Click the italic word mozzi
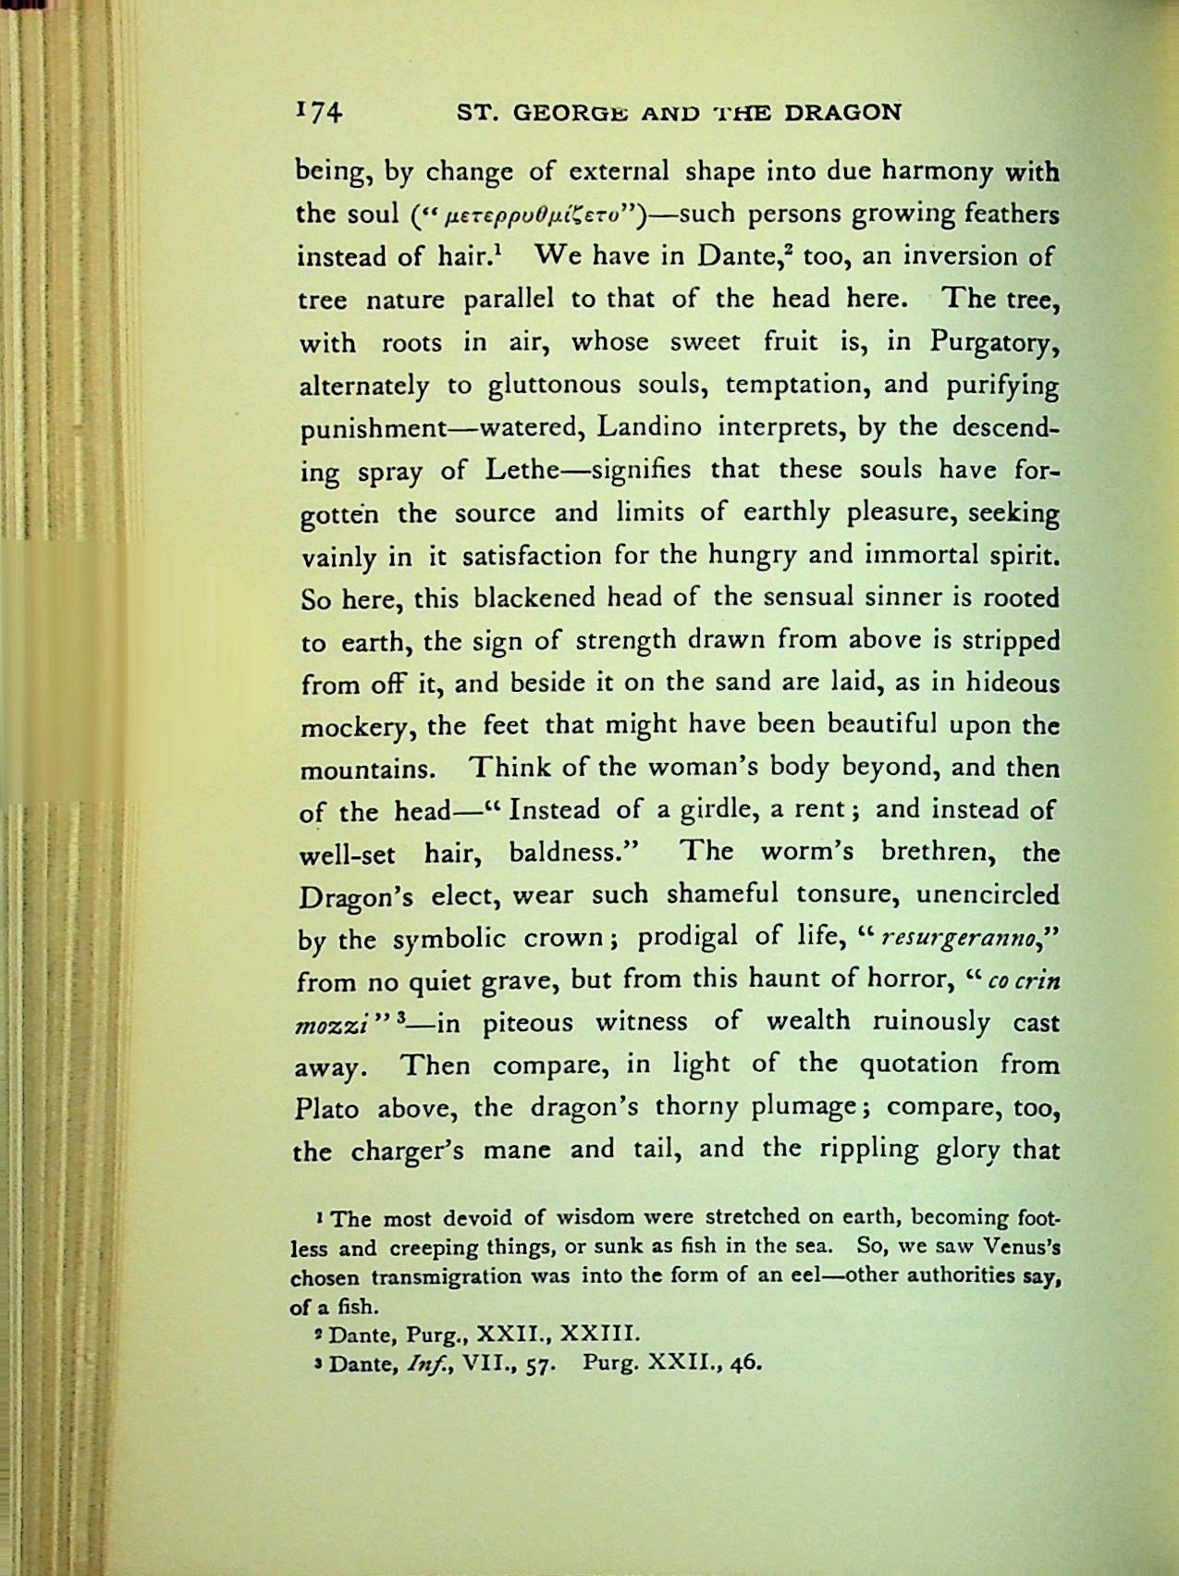[332, 1025]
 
